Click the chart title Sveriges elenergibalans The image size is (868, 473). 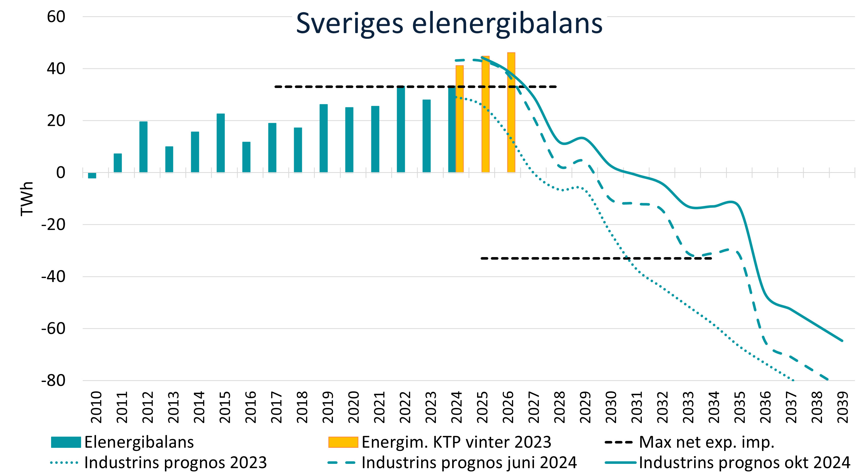[449, 24]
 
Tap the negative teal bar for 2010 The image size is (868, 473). [92, 175]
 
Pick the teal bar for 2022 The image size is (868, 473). [401, 129]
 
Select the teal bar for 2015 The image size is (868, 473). [220, 143]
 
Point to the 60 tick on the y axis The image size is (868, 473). [56, 17]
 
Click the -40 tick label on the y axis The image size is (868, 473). [53, 276]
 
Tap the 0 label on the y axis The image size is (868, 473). [61, 173]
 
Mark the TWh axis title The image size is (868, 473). [27, 199]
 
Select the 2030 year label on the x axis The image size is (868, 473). [611, 407]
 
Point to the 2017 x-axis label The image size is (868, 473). [276, 407]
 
